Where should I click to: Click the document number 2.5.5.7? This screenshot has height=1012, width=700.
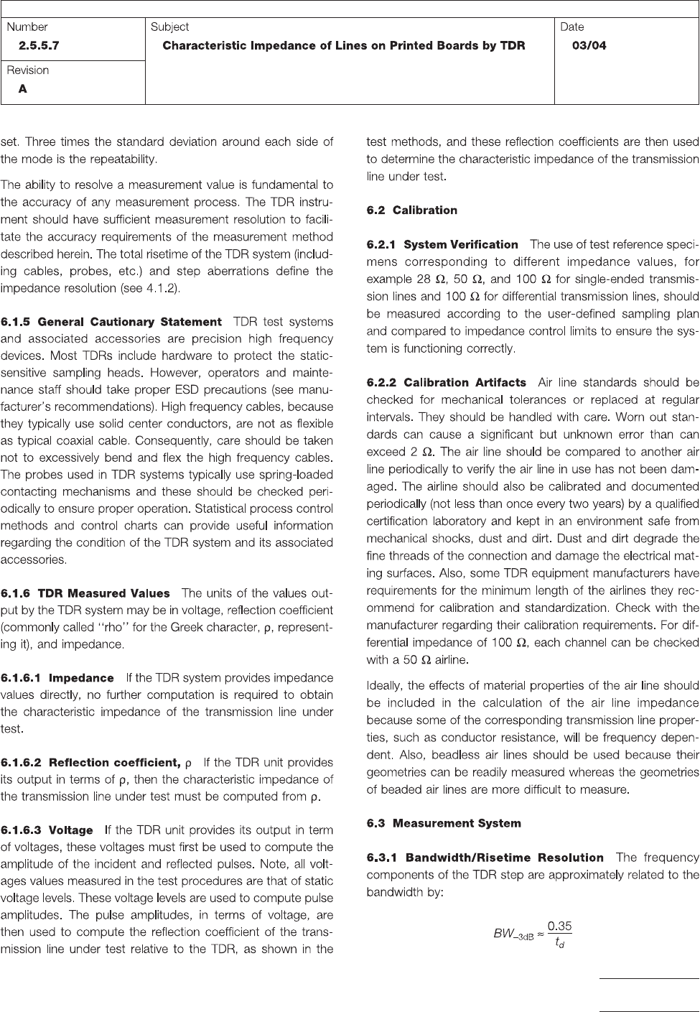point(39,46)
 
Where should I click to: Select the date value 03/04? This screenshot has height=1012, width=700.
point(589,46)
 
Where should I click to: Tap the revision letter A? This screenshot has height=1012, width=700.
point(23,90)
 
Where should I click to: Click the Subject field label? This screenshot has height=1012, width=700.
point(169,27)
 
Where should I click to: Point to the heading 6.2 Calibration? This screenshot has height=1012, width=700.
point(411,210)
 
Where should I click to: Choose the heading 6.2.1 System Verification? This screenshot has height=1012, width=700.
point(442,245)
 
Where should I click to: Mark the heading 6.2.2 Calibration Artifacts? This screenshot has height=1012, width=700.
point(446,383)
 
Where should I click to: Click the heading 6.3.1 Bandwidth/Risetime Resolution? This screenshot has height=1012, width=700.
point(485,858)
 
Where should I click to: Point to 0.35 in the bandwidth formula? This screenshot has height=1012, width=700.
point(560,927)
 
